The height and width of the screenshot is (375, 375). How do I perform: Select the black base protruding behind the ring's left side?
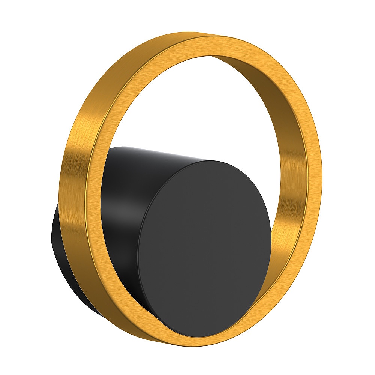56,240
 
